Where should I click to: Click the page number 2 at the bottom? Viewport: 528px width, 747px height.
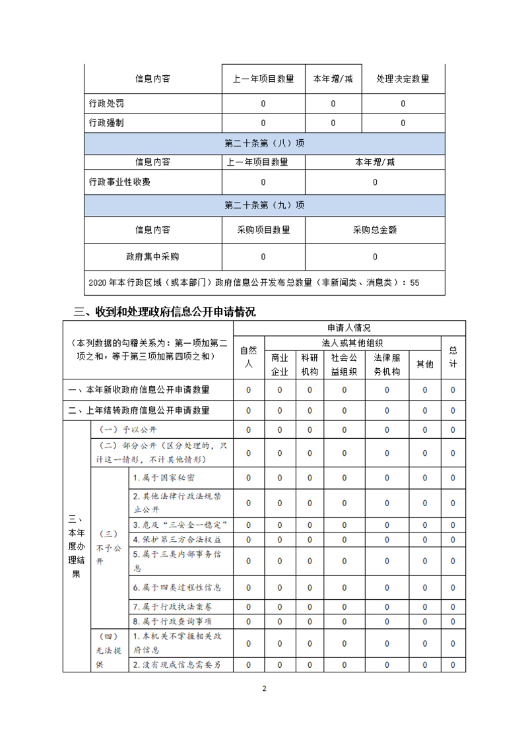pyautogui.click(x=264, y=689)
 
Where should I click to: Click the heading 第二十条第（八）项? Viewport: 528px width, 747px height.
pyautogui.click(x=264, y=143)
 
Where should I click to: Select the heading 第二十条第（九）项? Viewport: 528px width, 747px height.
pyautogui.click(x=264, y=205)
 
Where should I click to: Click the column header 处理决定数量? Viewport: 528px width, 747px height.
pyautogui.click(x=403, y=79)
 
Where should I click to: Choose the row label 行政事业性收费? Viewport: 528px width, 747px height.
pyautogui.click(x=123, y=182)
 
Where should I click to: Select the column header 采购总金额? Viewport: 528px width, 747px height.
pyautogui.click(x=375, y=230)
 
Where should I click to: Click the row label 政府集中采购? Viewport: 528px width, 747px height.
pyautogui.click(x=152, y=257)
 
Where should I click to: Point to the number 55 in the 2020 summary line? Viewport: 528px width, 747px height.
pyautogui.click(x=414, y=282)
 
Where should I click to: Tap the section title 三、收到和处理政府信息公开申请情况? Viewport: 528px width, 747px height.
pyautogui.click(x=164, y=311)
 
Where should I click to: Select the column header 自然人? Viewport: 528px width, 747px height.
pyautogui.click(x=248, y=356)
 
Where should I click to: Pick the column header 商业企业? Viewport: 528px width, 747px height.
pyautogui.click(x=280, y=364)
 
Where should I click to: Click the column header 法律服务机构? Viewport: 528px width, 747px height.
pyautogui.click(x=387, y=364)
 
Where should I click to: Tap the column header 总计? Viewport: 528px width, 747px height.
pyautogui.click(x=453, y=356)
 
